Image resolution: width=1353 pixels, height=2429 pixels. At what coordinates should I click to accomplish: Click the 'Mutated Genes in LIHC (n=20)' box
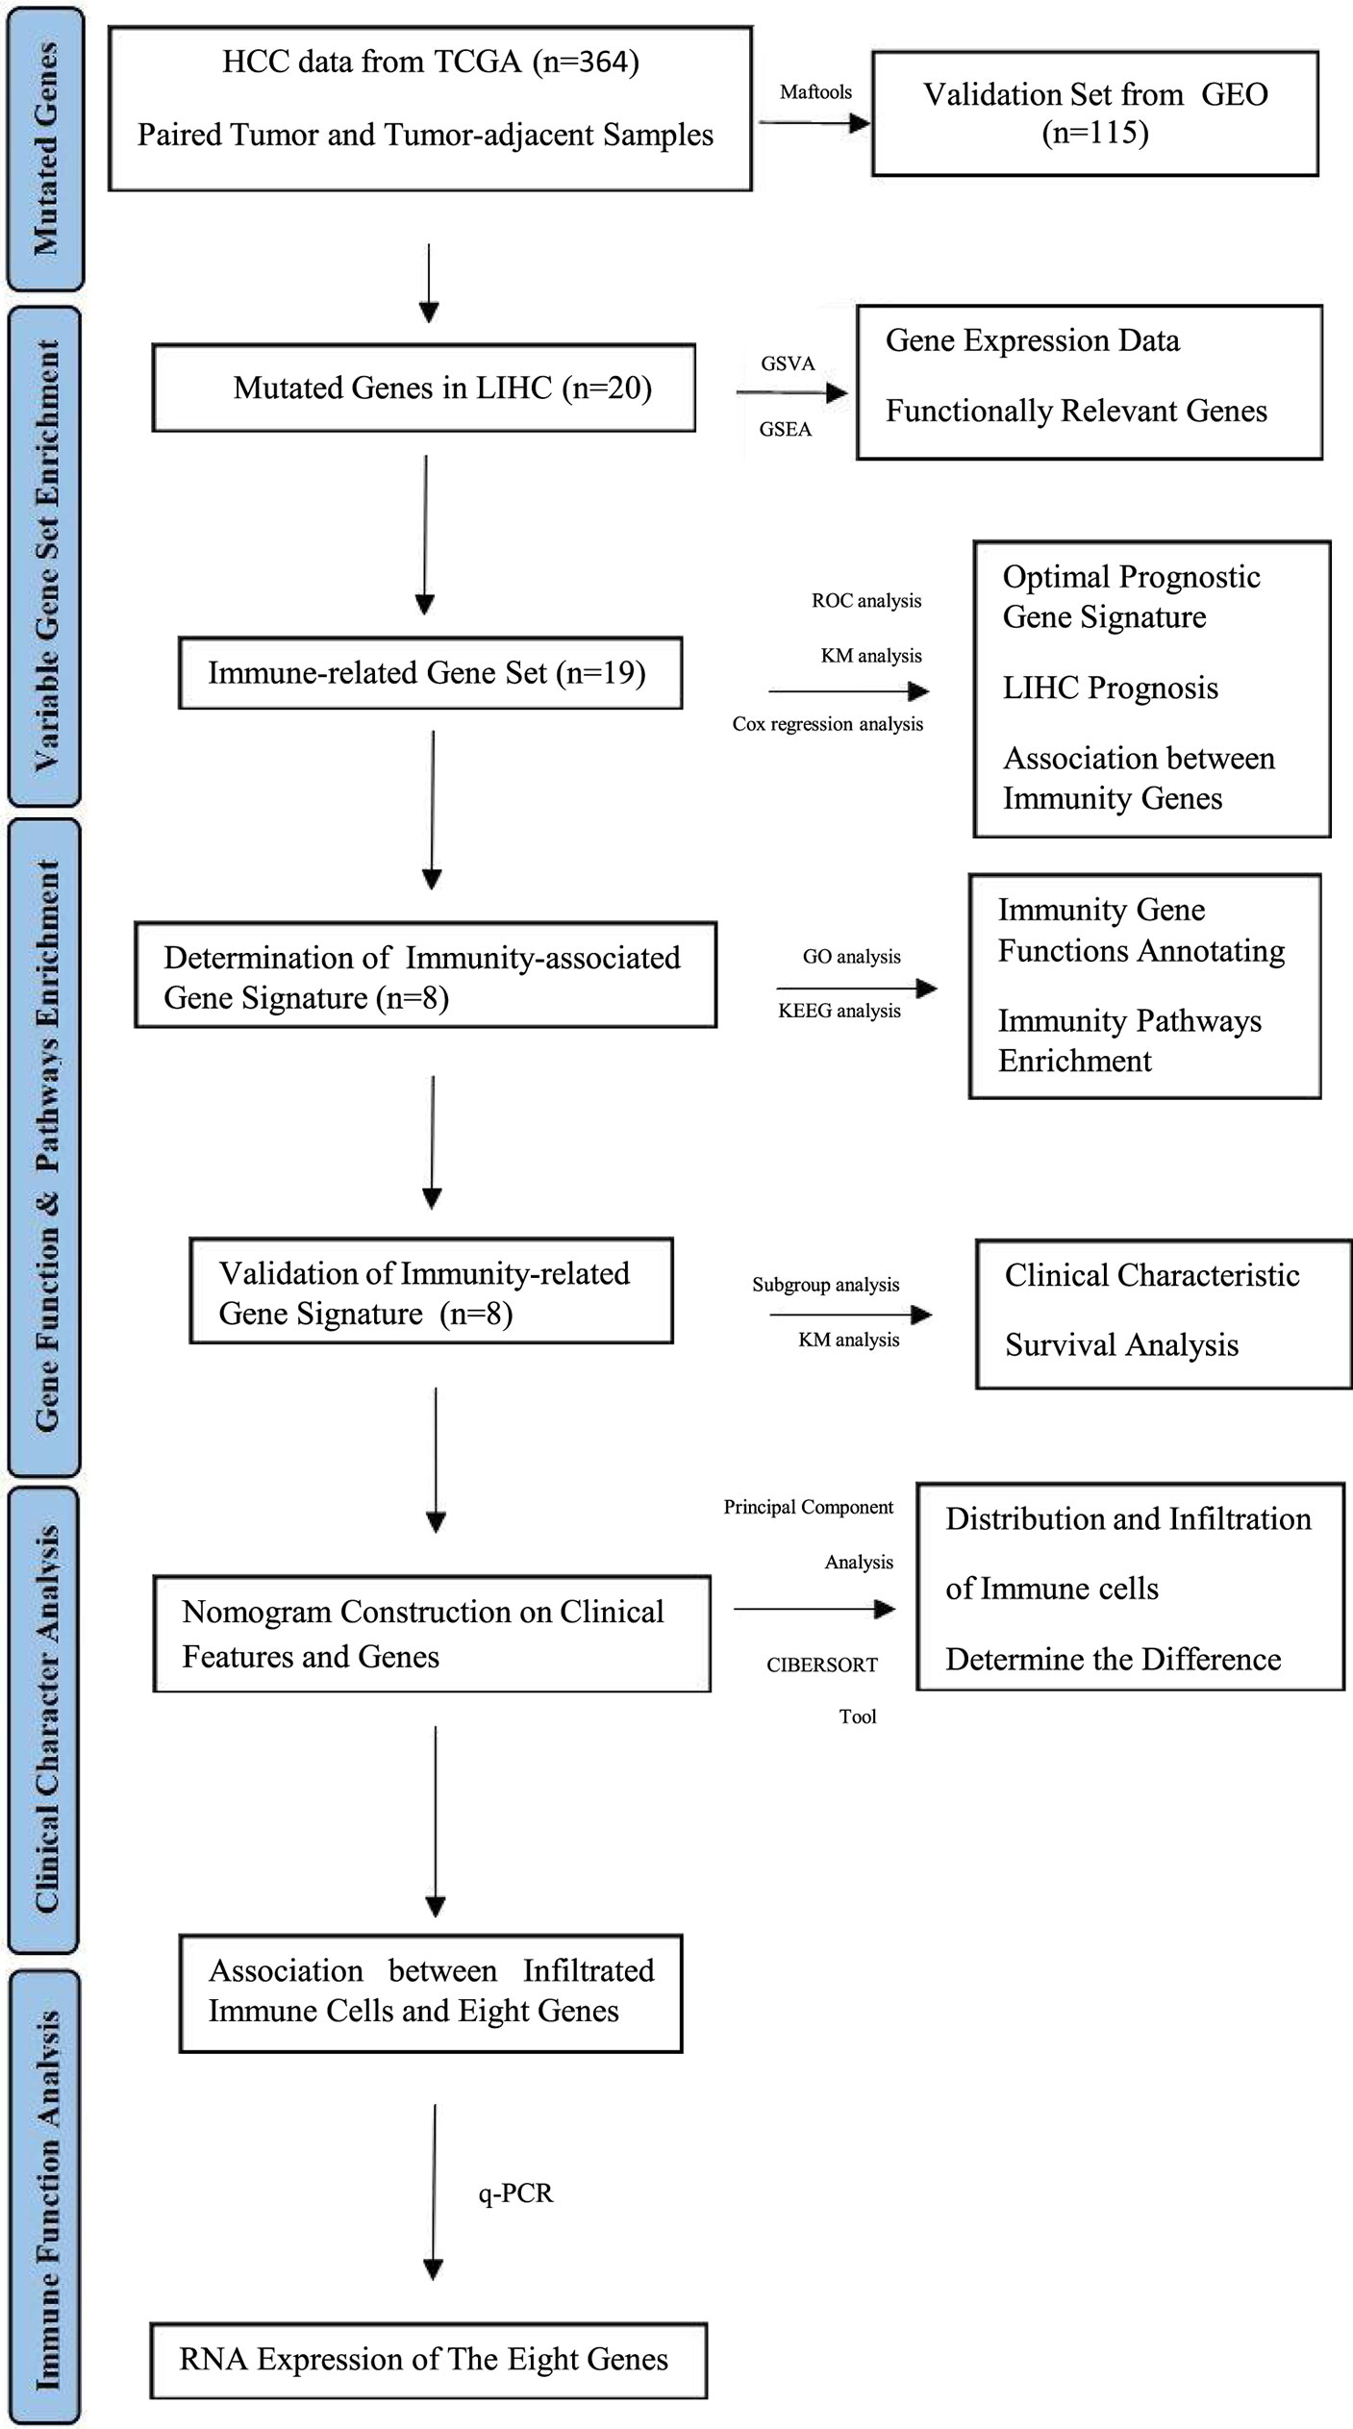coord(424,388)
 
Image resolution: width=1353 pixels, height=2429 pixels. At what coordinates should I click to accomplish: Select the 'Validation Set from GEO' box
coord(1095,113)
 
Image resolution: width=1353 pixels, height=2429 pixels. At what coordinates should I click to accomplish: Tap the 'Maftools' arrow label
coord(815,92)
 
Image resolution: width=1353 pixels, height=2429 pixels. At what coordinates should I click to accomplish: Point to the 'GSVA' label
coord(788,363)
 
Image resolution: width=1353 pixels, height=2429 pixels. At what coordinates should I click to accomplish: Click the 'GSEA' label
coord(786,429)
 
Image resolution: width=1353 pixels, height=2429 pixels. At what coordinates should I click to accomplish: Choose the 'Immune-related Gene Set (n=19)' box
coord(431,673)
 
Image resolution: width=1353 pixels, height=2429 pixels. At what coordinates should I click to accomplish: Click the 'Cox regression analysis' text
coord(828,724)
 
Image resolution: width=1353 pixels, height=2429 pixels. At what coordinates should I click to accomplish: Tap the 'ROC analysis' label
coord(866,601)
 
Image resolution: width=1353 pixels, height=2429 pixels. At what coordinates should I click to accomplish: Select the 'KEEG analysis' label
coord(839,1011)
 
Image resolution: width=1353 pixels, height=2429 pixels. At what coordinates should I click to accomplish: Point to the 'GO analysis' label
coord(852,957)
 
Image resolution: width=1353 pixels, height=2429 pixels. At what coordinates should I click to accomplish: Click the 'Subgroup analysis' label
coord(826,1285)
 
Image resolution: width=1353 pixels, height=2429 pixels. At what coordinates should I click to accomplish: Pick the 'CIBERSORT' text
coord(822,1665)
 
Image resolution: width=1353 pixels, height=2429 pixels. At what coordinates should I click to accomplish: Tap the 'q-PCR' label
coord(516,2193)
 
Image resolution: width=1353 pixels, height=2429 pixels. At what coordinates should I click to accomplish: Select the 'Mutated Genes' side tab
coord(45,148)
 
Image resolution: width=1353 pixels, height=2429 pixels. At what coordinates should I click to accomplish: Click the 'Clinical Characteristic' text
coord(1152,1275)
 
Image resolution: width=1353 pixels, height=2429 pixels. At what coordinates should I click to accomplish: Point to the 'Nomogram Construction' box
coord(432,1634)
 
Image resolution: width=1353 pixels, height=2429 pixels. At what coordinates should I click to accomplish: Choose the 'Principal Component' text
coord(809,1508)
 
